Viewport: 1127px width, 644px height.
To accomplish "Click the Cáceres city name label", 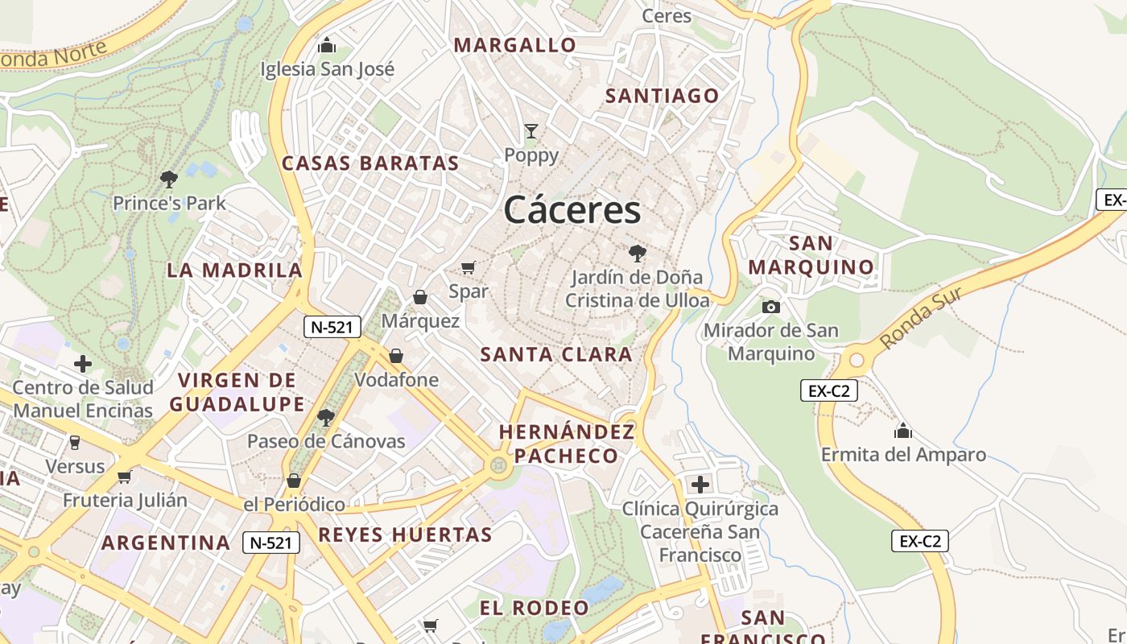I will [572, 210].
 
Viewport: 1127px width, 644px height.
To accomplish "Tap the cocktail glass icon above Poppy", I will [531, 130].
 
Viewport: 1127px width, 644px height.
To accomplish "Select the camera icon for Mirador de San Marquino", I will [770, 307].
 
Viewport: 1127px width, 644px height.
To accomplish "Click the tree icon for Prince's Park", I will [169, 179].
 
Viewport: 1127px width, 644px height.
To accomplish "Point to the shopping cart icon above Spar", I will [469, 267].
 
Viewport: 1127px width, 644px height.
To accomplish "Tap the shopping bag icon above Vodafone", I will [396, 356].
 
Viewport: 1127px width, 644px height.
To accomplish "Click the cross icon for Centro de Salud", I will [83, 364].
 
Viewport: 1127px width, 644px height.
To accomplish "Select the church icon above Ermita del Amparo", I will [903, 431].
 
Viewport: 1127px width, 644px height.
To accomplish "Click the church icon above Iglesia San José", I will [327, 45].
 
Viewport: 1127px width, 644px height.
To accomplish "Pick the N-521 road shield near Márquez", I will [332, 327].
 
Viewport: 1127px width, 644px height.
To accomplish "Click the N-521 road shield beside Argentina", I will [271, 543].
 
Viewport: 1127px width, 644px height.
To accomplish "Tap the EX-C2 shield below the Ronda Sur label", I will [829, 391].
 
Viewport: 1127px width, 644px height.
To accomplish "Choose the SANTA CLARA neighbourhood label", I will [556, 354].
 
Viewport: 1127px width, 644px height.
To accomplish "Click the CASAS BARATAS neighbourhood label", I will [370, 163].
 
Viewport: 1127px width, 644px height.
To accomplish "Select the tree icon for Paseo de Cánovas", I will [326, 417].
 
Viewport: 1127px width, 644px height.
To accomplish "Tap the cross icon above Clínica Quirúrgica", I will [700, 485].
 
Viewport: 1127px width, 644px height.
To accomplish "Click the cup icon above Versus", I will [75, 442].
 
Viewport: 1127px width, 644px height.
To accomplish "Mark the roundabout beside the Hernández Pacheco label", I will [499, 464].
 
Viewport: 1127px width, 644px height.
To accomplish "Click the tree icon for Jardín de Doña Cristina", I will [638, 254].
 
